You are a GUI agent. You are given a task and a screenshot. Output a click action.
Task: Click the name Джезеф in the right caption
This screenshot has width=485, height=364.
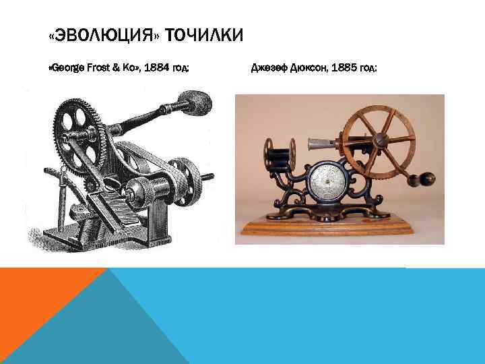pos(268,68)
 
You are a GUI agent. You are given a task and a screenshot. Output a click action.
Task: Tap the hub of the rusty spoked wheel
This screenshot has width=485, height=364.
pos(381,140)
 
